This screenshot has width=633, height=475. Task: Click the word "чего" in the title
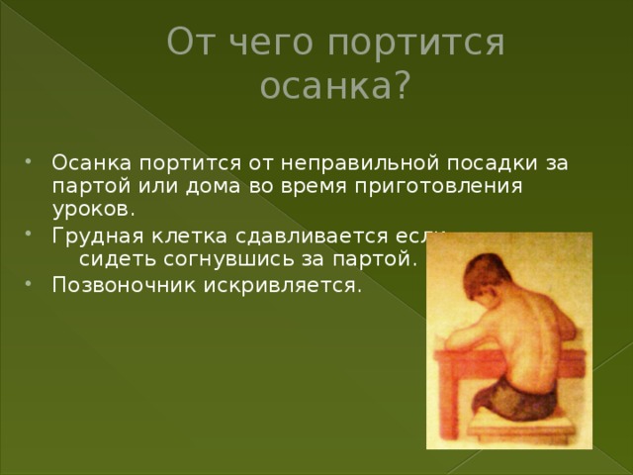click(x=271, y=43)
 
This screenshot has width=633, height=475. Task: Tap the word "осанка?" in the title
click(x=335, y=85)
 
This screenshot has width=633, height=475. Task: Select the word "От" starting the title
click(x=190, y=42)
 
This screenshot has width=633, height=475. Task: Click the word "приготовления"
click(x=439, y=188)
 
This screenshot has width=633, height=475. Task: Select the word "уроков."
click(x=93, y=211)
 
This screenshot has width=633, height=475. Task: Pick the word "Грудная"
click(x=98, y=237)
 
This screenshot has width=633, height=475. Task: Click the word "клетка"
click(x=189, y=236)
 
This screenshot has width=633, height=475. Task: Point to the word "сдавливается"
click(x=312, y=236)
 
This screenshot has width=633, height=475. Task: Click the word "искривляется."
click(x=283, y=285)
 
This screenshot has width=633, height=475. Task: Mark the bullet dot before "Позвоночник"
click(x=28, y=283)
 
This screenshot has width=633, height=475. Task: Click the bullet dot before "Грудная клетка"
click(x=28, y=234)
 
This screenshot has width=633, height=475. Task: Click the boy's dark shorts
click(x=513, y=398)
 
